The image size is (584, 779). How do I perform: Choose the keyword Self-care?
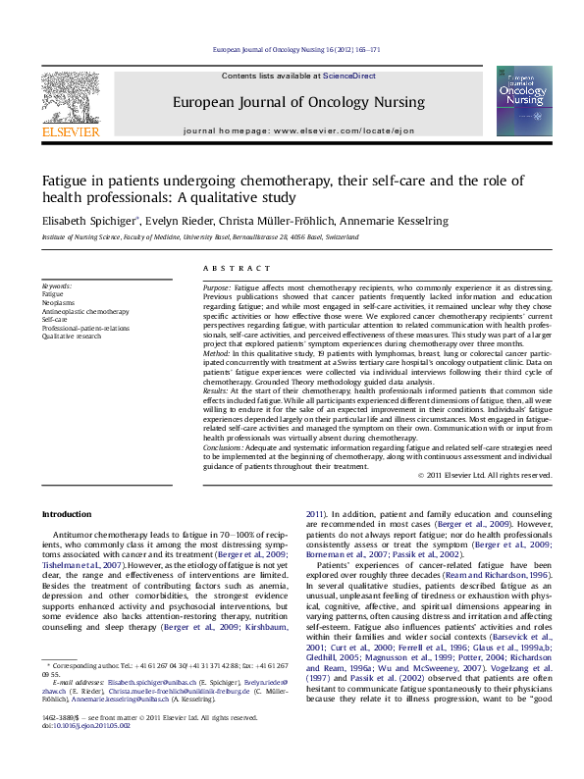coord(55,319)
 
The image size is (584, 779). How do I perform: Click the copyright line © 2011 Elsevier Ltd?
coord(485,476)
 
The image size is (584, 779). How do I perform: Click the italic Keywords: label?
coord(57,285)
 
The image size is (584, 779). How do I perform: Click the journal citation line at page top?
coord(296,48)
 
